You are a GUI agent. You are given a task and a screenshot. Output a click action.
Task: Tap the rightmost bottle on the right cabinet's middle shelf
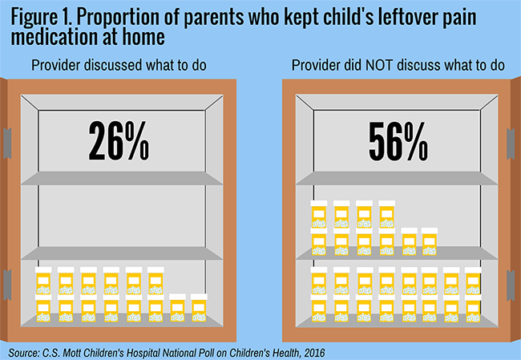pos(430,241)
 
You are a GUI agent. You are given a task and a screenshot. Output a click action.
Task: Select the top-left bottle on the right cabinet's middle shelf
pos(319,212)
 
